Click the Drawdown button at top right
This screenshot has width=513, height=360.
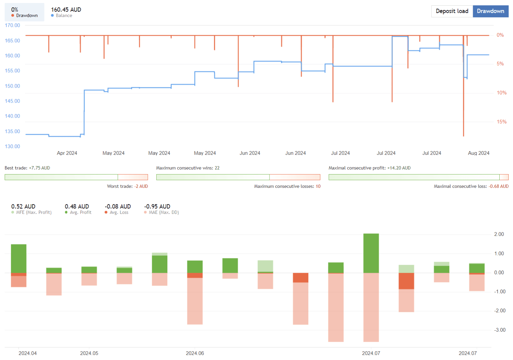[490, 11]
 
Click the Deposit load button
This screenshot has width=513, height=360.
[452, 11]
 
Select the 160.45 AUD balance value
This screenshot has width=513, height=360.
[66, 10]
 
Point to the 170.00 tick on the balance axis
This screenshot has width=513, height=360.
[12, 25]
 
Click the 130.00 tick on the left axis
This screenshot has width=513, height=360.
[12, 146]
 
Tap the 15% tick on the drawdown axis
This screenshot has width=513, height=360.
[501, 122]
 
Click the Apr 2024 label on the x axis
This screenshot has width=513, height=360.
[67, 153]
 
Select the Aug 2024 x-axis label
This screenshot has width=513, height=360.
[478, 153]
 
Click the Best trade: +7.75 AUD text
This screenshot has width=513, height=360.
[27, 168]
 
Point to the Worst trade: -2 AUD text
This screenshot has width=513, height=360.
[127, 186]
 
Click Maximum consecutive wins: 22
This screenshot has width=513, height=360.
[188, 168]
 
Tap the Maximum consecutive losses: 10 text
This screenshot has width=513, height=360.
[287, 186]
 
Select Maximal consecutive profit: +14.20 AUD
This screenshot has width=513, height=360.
[369, 168]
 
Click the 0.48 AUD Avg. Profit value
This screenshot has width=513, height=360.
[77, 207]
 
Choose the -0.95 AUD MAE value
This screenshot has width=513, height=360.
[157, 207]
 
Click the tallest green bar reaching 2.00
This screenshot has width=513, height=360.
[371, 253]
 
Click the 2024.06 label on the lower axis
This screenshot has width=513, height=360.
[195, 353]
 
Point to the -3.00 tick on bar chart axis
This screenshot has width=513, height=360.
[499, 330]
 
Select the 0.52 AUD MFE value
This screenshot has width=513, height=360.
[23, 207]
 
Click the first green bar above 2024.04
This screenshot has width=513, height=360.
[19, 258]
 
